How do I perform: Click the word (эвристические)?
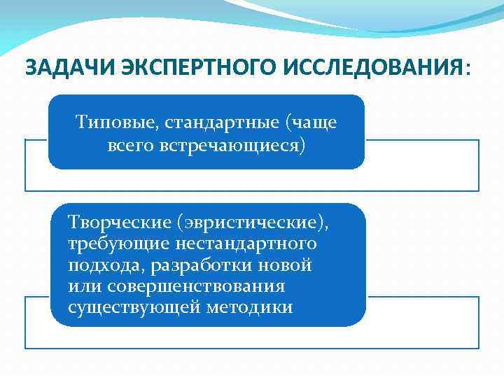pos(251,223)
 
